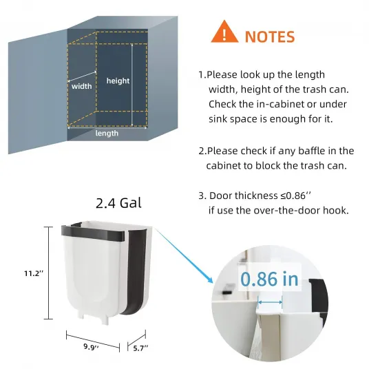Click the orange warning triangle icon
tap(224, 32)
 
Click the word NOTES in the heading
tap(270, 37)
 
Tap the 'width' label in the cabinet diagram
tap(81, 86)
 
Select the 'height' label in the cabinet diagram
tap(118, 81)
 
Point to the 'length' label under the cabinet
tap(107, 133)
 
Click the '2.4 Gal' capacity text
tap(118, 203)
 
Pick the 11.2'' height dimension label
tap(34, 273)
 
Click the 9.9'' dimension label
tap(91, 347)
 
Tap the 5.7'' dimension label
tap(140, 348)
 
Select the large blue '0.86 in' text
tap(269, 279)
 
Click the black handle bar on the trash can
tap(93, 233)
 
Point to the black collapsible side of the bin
tap(136, 272)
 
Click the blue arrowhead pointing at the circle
tap(210, 280)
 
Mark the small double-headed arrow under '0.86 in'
tap(270, 302)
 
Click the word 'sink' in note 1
tap(218, 119)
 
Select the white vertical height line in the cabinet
tap(132, 85)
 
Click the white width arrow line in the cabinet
tap(82, 76)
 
